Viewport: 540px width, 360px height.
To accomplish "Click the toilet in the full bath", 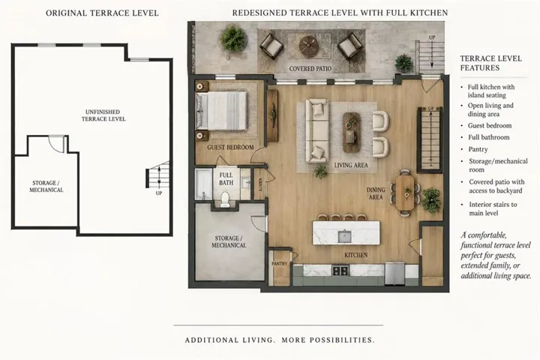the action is pos(224,199).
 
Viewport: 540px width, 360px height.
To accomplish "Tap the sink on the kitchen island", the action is pos(344,236).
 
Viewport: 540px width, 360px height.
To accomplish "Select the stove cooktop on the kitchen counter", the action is pos(340,270).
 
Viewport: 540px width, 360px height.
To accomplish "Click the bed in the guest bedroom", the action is pos(221,110).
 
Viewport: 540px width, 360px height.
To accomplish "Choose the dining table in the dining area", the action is pos(405,192).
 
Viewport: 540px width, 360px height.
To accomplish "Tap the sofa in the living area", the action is pos(316,130).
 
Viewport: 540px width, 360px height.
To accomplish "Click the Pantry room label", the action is pos(279,263).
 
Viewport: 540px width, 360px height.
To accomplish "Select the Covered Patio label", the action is pos(310,68).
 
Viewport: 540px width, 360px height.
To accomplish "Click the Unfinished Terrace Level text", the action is pos(103,115).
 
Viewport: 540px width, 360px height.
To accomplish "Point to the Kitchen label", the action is pos(356,255).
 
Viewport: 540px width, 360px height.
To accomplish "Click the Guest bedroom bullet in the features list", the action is pos(489,126).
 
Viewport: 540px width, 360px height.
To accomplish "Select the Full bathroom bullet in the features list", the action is pos(488,137).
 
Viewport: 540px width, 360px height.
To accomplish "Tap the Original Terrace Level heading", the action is pos(102,13).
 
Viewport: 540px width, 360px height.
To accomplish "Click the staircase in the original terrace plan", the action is pos(158,175).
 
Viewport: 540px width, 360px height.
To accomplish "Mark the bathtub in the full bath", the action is pos(203,184).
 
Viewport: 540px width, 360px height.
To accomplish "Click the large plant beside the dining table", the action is pos(431,200).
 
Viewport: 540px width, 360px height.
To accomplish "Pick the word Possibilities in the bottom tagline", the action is pos(342,340).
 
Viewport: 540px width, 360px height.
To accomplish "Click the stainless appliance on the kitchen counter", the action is pos(394,273).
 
